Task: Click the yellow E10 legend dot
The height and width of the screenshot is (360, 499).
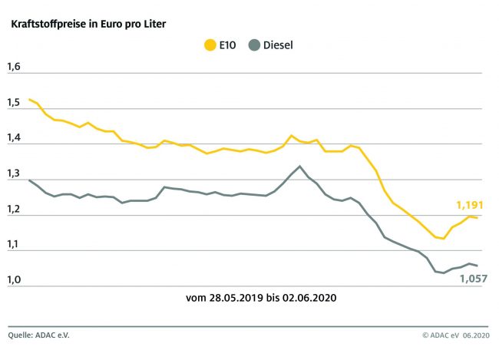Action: pyautogui.click(x=210, y=45)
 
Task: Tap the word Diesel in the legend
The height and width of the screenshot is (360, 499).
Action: pyautogui.click(x=278, y=45)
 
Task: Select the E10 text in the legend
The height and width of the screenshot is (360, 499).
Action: pyautogui.click(x=227, y=45)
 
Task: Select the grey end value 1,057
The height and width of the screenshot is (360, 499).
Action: pyautogui.click(x=473, y=280)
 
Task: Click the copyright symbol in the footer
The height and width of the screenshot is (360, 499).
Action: pyautogui.click(x=425, y=335)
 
